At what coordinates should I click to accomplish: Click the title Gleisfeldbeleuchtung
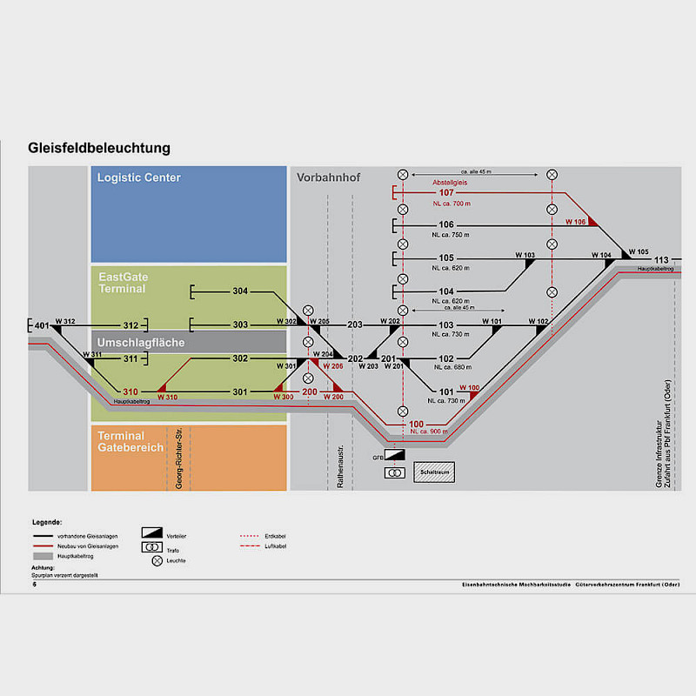[x=98, y=148]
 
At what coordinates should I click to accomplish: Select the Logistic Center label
[x=139, y=177]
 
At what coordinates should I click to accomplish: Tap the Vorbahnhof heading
[x=329, y=177]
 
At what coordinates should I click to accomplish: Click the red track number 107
[x=446, y=193]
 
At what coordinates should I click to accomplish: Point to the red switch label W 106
[x=576, y=222]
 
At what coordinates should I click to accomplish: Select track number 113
[x=662, y=260]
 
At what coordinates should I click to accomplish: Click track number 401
[x=42, y=325]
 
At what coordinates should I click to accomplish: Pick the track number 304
[x=240, y=291]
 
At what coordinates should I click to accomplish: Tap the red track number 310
[x=130, y=391]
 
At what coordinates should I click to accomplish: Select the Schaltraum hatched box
[x=433, y=471]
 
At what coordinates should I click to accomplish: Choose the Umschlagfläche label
[x=141, y=343]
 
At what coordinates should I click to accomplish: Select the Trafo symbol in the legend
[x=152, y=546]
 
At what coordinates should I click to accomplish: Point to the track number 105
[x=446, y=258]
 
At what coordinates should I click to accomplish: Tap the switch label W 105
[x=638, y=252]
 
